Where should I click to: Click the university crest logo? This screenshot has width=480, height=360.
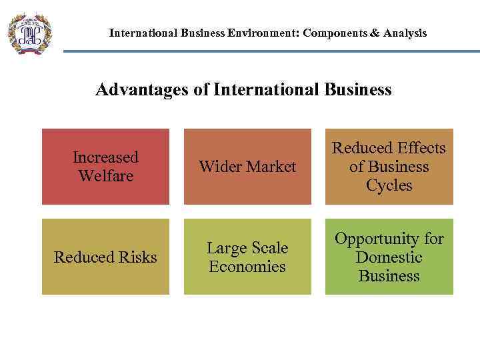[29, 33]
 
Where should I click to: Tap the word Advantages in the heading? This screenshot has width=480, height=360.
[142, 89]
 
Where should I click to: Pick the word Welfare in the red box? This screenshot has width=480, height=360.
[105, 176]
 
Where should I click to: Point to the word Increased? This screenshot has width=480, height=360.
[105, 157]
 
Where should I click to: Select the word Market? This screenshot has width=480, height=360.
[269, 167]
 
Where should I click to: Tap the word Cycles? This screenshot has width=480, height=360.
[389, 185]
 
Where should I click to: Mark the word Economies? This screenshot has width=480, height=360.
[247, 267]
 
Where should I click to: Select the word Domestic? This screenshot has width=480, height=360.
[389, 257]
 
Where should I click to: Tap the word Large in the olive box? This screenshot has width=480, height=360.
[225, 248]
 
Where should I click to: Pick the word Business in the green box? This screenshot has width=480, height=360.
[389, 276]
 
